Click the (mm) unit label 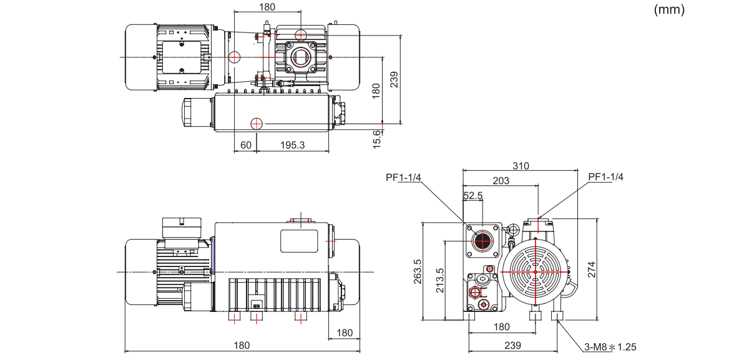point(668,10)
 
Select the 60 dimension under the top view point(245,145)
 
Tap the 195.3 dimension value point(292,145)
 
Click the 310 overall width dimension point(521,166)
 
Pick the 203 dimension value point(501,180)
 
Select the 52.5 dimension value point(472,195)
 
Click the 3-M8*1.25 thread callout point(610,347)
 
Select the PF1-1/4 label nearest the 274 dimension point(605,177)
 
